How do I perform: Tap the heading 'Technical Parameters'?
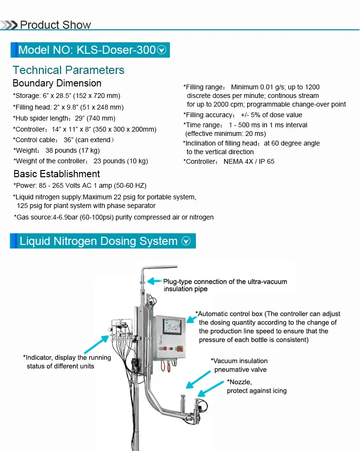tap(68, 70)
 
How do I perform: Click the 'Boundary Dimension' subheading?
tap(57, 84)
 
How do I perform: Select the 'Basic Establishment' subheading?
tap(57, 174)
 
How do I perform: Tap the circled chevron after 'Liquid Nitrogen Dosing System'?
tap(186, 242)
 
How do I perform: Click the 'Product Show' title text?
tap(55, 25)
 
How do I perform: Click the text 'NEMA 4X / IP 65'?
tap(249, 161)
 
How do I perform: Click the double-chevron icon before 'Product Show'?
tap(9, 25)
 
